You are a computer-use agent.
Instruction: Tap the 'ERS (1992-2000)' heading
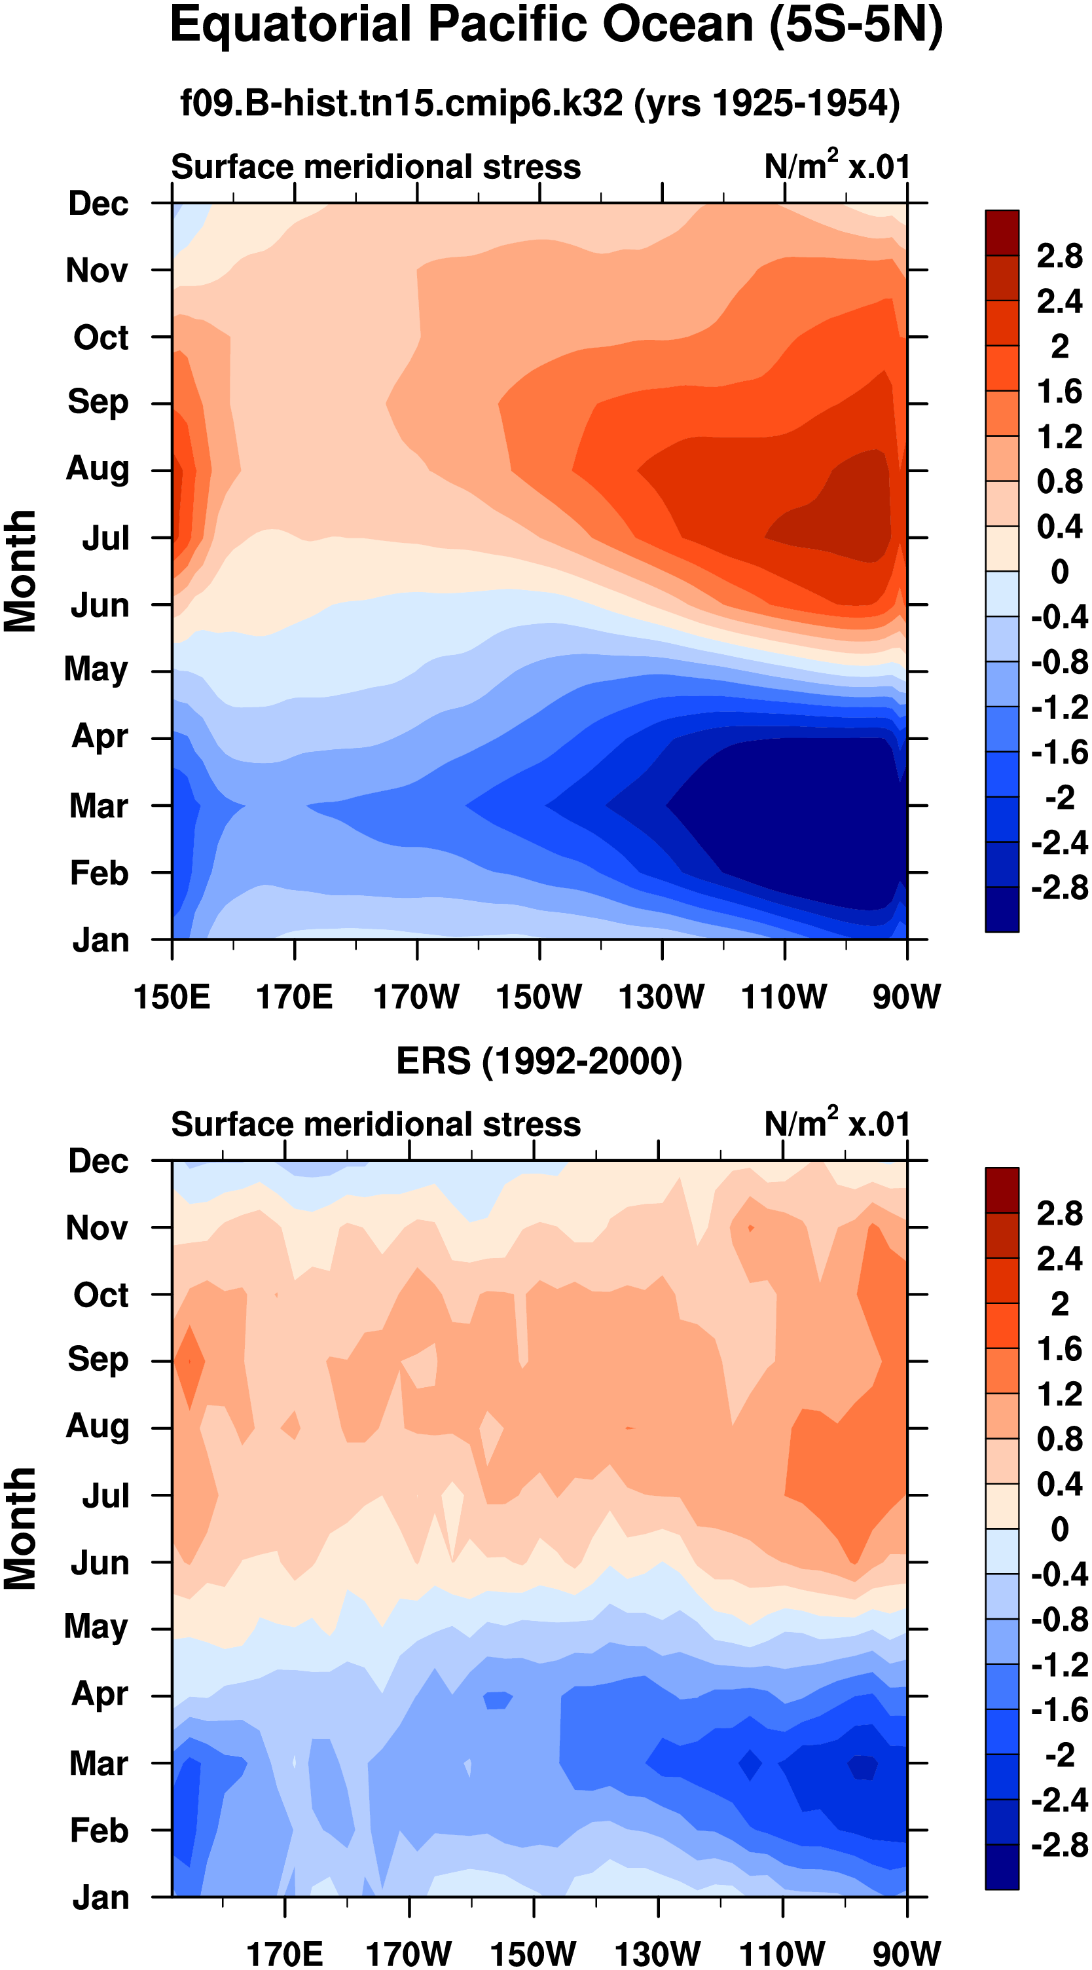click(x=539, y=1062)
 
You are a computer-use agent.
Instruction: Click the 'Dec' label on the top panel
click(x=98, y=204)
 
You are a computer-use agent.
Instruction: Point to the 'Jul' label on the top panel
click(x=105, y=538)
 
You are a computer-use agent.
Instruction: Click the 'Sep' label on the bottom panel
click(x=98, y=1360)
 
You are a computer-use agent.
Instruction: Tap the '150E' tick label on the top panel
click(x=172, y=997)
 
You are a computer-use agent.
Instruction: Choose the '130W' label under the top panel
click(x=661, y=997)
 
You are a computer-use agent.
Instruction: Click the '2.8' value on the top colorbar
click(x=1059, y=256)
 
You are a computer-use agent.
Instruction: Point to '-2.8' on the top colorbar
click(x=1059, y=888)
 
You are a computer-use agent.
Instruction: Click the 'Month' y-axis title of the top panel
click(x=21, y=571)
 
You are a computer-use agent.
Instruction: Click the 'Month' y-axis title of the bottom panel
click(x=21, y=1529)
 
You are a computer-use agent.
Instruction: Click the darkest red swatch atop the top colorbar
click(x=1002, y=232)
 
